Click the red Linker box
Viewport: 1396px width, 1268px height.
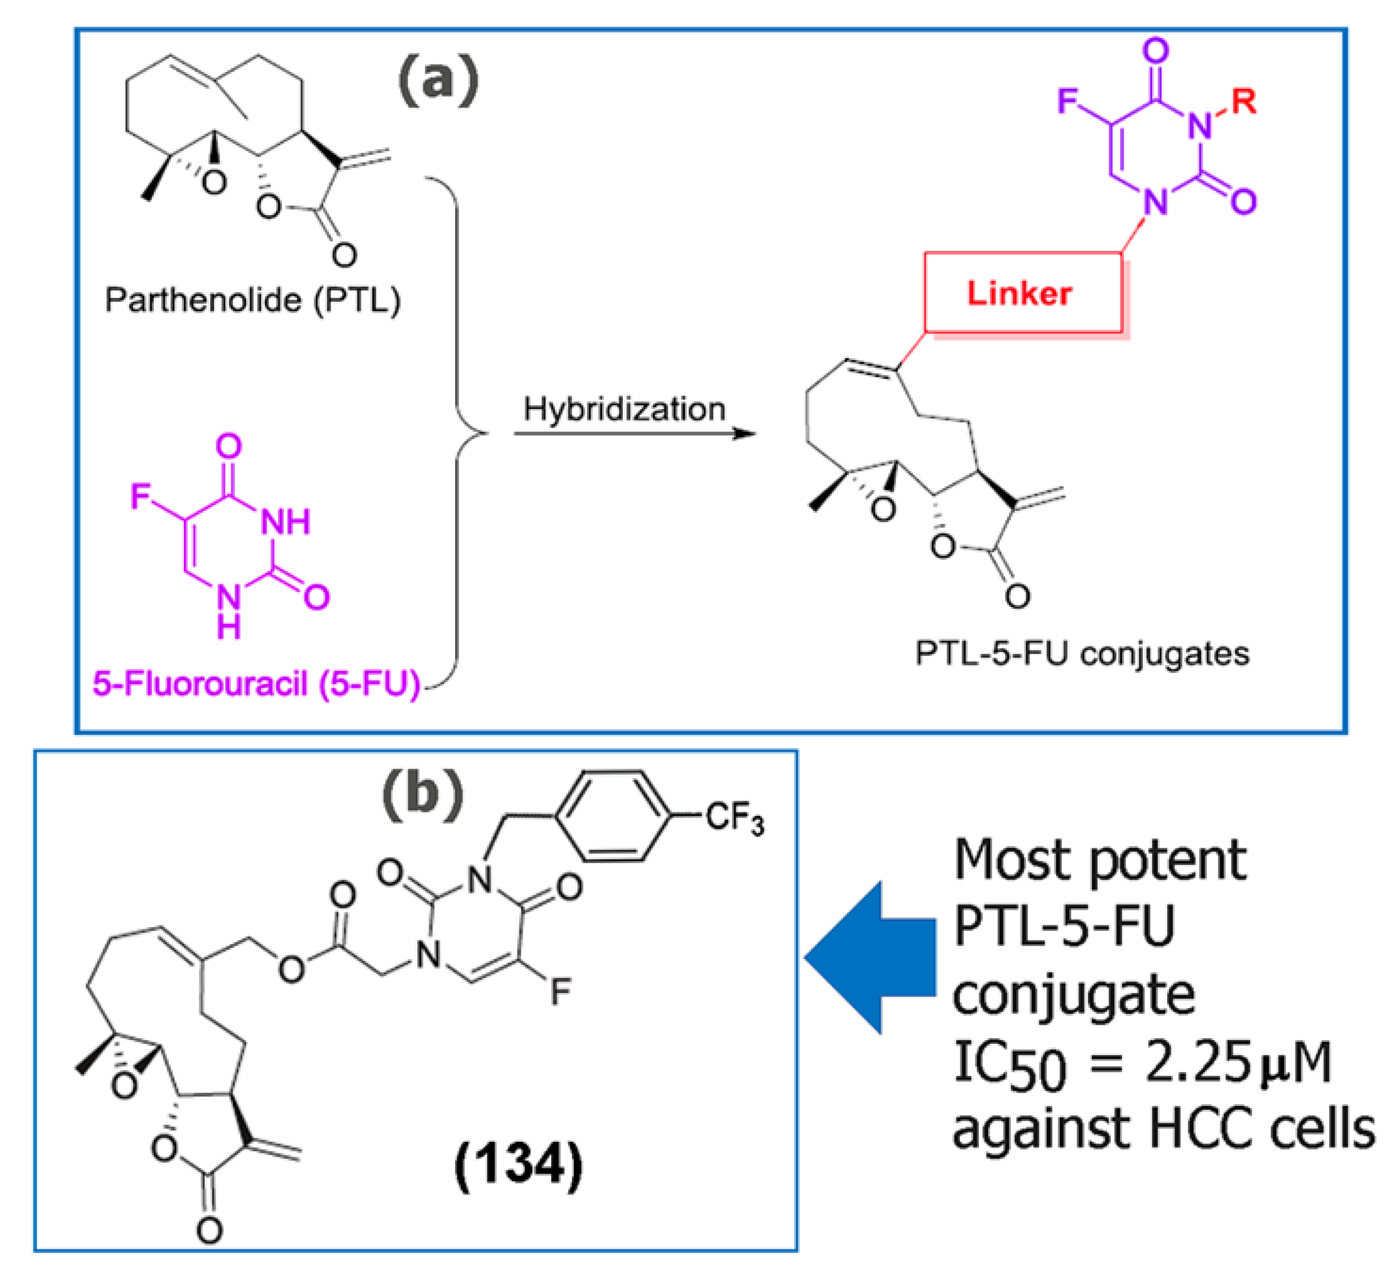coord(1022,293)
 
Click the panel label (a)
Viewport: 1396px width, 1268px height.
coord(438,81)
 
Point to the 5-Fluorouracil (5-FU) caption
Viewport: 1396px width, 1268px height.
coord(256,683)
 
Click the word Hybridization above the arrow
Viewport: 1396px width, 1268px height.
coord(624,409)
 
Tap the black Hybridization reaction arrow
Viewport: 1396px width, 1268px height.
coord(633,434)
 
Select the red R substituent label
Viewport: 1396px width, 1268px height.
coord(1243,102)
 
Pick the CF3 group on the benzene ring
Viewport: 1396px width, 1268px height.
coord(735,818)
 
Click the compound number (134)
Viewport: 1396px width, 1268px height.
coord(518,1165)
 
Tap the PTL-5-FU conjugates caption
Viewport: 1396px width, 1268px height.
coord(1082,653)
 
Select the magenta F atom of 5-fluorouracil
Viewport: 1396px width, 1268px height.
coord(140,496)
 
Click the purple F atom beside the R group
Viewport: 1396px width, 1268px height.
coord(1068,101)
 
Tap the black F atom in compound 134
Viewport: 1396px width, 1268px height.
coord(560,992)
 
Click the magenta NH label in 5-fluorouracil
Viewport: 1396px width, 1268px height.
coord(285,521)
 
